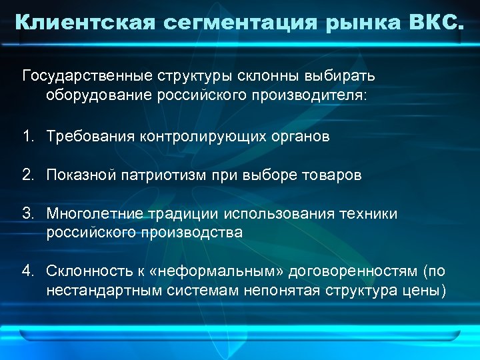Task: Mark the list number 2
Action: tap(27, 175)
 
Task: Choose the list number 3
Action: tap(27, 214)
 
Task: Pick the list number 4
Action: tap(27, 271)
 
